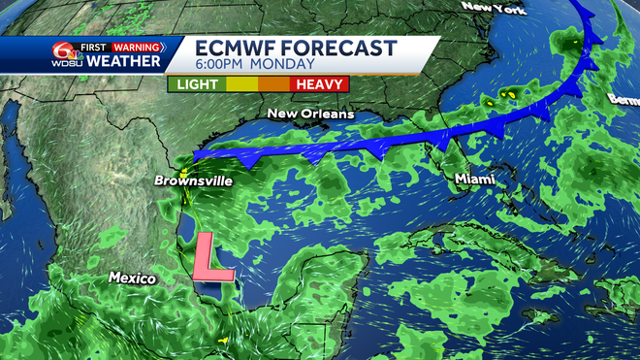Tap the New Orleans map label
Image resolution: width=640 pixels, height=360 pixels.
tap(311, 115)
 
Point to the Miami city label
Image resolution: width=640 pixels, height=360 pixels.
tap(474, 180)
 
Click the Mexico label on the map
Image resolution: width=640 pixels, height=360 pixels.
tap(132, 278)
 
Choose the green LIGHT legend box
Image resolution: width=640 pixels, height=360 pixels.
tap(196, 84)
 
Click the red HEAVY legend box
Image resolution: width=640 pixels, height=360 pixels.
tap(321, 84)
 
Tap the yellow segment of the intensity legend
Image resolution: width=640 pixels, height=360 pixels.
tap(243, 84)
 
